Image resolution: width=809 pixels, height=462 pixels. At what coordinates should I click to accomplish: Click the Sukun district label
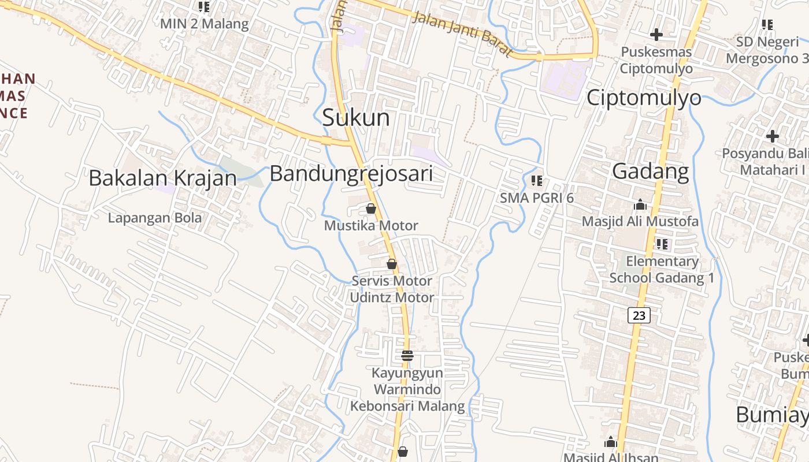click(355, 118)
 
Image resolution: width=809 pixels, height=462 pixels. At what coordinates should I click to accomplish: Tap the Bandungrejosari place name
click(351, 173)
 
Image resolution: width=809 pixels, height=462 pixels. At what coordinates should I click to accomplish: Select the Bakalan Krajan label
click(162, 178)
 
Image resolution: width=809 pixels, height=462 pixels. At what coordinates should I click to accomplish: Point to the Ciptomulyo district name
click(644, 98)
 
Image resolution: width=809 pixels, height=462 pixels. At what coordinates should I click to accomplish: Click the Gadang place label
click(650, 172)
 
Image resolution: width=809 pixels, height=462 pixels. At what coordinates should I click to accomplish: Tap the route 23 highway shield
click(639, 315)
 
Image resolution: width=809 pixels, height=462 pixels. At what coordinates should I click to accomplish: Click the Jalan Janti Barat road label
click(462, 35)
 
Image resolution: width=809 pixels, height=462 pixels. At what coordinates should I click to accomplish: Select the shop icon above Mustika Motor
click(371, 208)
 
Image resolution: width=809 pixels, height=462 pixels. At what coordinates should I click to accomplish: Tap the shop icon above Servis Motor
click(392, 264)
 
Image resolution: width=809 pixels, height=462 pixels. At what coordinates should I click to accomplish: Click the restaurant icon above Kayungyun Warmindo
click(407, 355)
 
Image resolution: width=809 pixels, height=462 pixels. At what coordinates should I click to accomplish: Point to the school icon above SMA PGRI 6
click(537, 181)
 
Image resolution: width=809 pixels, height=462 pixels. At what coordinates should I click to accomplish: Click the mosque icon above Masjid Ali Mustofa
click(640, 204)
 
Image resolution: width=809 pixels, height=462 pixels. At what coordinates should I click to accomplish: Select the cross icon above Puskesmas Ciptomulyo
click(656, 35)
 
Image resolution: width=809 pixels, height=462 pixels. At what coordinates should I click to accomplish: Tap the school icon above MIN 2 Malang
click(204, 7)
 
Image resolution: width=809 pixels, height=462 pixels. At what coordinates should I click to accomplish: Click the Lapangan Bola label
click(155, 218)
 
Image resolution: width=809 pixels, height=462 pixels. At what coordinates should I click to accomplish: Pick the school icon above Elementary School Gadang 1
click(662, 244)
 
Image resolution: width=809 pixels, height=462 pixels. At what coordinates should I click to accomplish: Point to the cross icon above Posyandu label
click(772, 136)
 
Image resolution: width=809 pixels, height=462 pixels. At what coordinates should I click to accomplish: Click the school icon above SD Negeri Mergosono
click(767, 25)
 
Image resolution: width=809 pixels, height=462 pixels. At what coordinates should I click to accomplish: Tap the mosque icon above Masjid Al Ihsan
click(610, 443)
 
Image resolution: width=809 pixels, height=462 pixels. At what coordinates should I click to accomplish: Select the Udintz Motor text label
click(392, 297)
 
